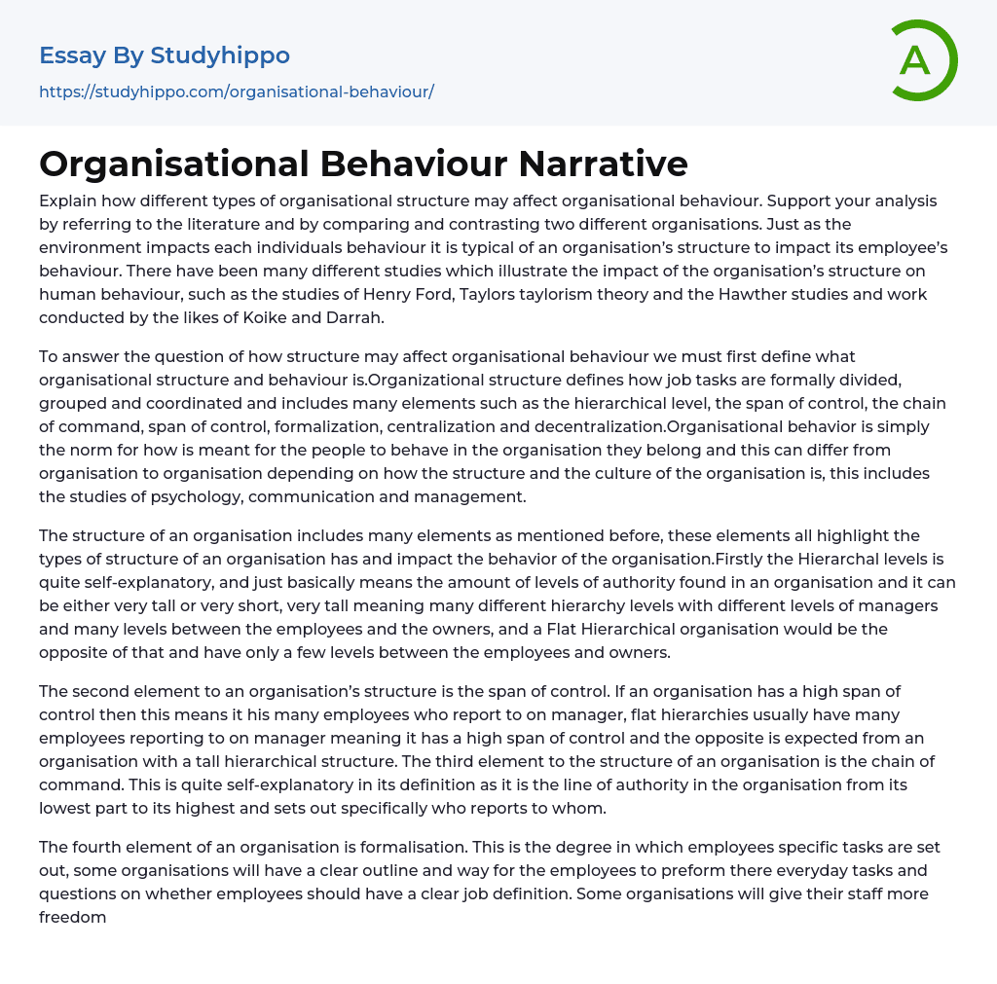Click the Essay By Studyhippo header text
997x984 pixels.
click(x=165, y=55)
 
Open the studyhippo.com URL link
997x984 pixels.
click(x=237, y=91)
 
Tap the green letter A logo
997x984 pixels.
click(x=916, y=60)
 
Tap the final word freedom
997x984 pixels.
click(x=72, y=917)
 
